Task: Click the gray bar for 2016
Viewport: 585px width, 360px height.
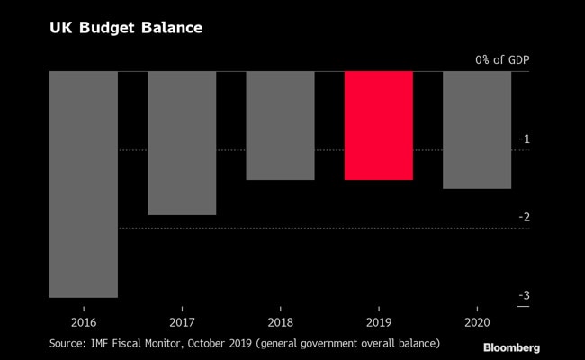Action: (x=83, y=184)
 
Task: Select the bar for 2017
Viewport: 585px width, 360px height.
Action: (x=182, y=143)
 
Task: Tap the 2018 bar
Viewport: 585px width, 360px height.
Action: (x=280, y=126)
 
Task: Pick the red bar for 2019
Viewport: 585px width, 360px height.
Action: (x=378, y=126)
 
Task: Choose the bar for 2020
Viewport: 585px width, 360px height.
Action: (x=476, y=130)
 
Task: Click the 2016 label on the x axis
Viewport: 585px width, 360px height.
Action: (x=83, y=320)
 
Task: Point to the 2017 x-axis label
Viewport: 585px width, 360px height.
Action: (x=182, y=320)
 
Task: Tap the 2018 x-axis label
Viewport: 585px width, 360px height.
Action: (x=280, y=320)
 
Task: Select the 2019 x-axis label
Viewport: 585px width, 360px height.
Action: (x=378, y=320)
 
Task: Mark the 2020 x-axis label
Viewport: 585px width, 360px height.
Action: (x=476, y=320)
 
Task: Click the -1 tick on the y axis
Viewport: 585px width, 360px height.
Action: (x=523, y=139)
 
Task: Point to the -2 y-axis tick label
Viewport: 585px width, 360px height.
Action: (x=523, y=217)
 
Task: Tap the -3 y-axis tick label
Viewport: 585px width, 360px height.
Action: (x=523, y=296)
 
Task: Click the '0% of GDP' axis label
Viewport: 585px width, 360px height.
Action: (x=502, y=60)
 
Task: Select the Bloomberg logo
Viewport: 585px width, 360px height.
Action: (x=511, y=347)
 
